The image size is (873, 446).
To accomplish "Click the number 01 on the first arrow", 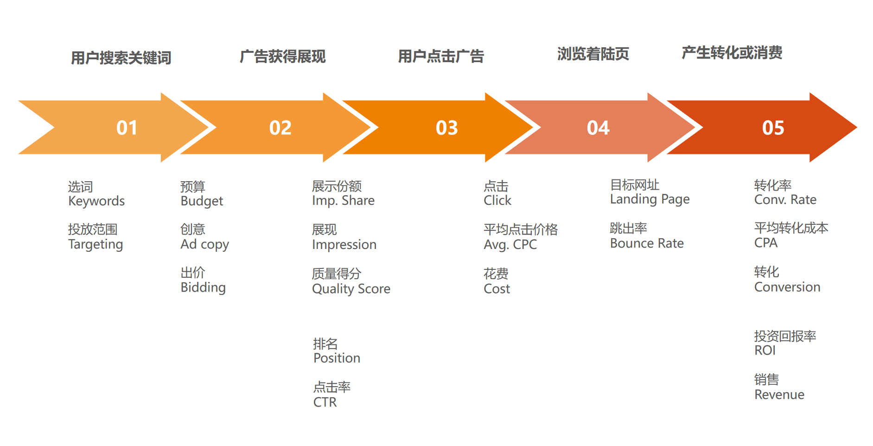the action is (x=127, y=128).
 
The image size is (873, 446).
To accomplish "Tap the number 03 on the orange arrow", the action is (x=446, y=128).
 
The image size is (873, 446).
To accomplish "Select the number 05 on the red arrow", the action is (x=773, y=128).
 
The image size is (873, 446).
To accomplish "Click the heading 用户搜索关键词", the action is (x=121, y=58).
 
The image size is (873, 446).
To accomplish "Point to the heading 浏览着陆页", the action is (x=593, y=54).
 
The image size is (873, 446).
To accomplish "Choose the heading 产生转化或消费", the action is (x=732, y=53).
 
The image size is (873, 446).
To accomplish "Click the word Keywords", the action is (x=96, y=201).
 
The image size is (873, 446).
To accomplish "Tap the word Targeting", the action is (x=96, y=244).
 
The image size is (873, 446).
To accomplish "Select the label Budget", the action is (x=202, y=201).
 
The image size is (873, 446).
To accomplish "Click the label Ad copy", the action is (x=204, y=244).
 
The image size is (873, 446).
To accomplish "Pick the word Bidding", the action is (x=203, y=287).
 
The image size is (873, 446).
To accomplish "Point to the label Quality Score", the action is (x=351, y=289).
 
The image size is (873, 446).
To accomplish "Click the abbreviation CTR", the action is (x=325, y=402).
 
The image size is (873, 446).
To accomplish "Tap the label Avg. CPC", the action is (x=510, y=244).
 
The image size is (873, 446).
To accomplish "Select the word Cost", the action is (x=497, y=289).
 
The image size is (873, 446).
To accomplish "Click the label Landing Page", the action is (x=650, y=199).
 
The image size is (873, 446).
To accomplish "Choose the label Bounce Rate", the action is (x=647, y=243).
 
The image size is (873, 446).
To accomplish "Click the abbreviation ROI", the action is (x=765, y=350).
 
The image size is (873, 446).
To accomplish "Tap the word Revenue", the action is (x=779, y=395).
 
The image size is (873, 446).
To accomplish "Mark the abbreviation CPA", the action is (x=766, y=243).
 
